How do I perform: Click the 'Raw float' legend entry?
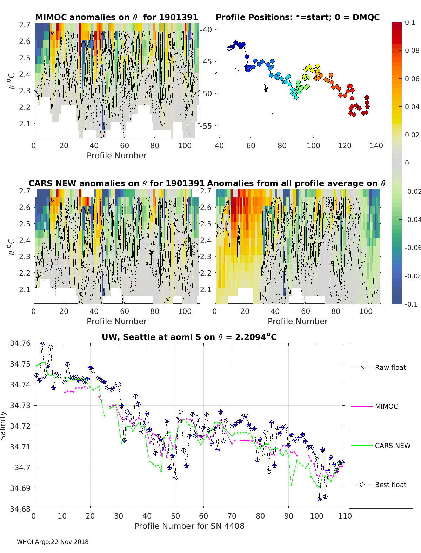(390, 367)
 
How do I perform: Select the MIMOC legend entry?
(386, 406)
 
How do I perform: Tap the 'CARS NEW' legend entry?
(392, 446)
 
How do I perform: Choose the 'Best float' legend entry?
(390, 485)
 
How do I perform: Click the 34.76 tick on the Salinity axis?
(20, 343)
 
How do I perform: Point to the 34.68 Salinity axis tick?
(20, 509)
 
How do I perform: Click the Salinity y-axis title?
(4, 426)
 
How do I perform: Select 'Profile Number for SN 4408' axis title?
(189, 526)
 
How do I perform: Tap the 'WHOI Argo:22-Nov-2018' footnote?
(53, 542)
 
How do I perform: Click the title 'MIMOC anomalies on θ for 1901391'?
(116, 17)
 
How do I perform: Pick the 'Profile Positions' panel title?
(298, 17)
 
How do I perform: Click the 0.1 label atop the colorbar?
(410, 22)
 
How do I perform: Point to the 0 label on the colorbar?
(407, 163)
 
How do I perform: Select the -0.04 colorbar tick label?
(412, 219)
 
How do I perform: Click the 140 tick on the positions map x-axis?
(376, 146)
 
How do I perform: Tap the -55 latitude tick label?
(207, 126)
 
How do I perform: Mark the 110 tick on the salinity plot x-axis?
(345, 516)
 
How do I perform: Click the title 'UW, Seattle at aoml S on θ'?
(189, 337)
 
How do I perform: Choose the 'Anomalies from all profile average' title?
(296, 183)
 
